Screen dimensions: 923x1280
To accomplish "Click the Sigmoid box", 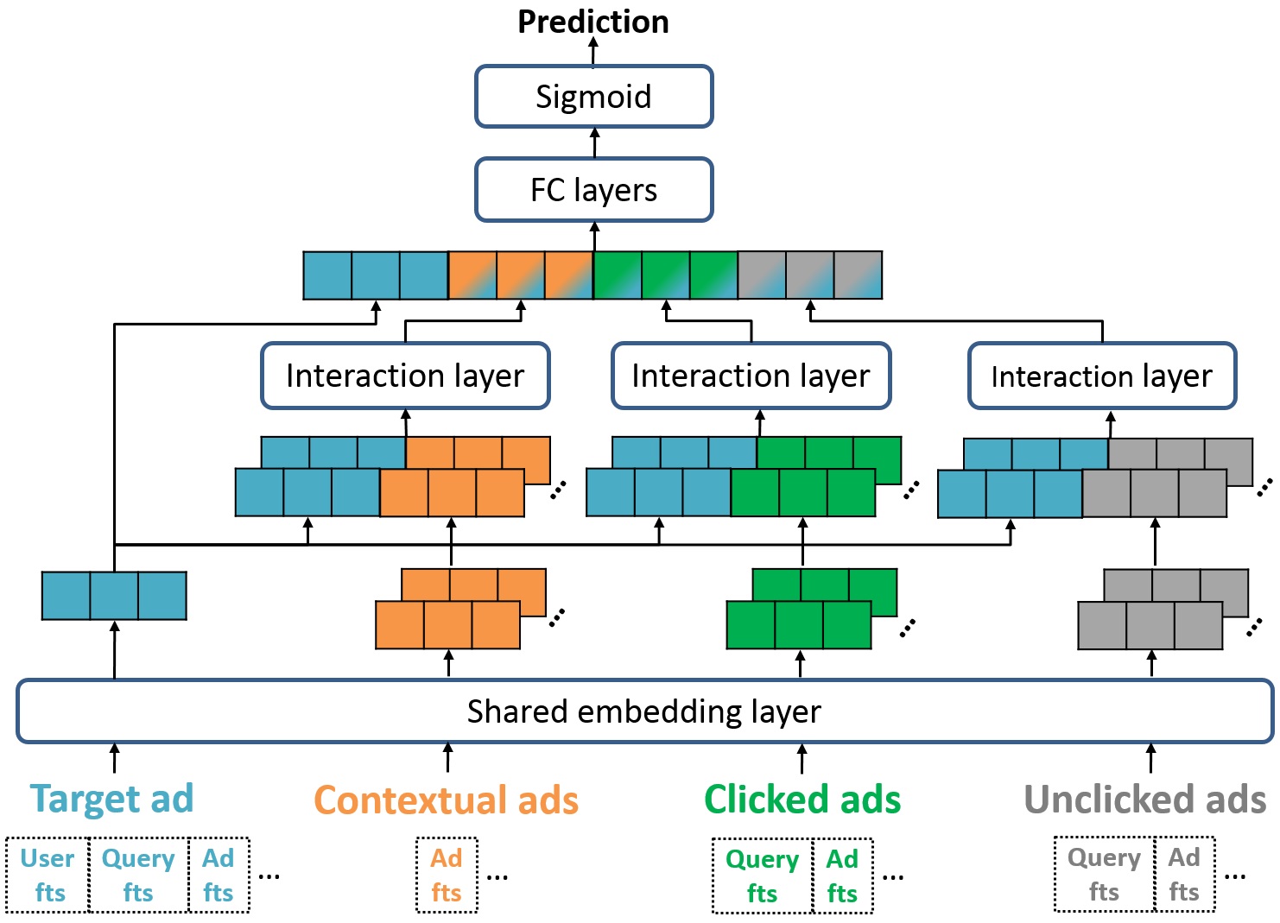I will pyautogui.click(x=593, y=97).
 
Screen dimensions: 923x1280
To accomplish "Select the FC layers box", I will pyautogui.click(x=593, y=190).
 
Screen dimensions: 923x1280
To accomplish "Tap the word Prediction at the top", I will pyautogui.click(x=593, y=22).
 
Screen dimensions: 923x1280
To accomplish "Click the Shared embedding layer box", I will pyautogui.click(x=643, y=711).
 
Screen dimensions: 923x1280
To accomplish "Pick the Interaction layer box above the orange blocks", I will pyautogui.click(x=405, y=376).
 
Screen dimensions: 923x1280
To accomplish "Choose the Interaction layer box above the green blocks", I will pyautogui.click(x=751, y=376).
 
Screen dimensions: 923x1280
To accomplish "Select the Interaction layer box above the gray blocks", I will pyautogui.click(x=1101, y=376).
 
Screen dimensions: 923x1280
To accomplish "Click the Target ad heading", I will pyautogui.click(x=112, y=799).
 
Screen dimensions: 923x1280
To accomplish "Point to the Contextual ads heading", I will pyautogui.click(x=446, y=800).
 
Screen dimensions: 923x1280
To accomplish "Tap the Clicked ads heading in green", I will pyautogui.click(x=802, y=800).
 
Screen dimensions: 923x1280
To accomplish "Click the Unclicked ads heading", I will pyautogui.click(x=1144, y=800).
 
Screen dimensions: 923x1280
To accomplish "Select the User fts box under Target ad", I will pyautogui.click(x=48, y=875).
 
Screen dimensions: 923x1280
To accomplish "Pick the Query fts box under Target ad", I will pyautogui.click(x=138, y=875).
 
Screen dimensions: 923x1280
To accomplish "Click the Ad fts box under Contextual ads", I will pyautogui.click(x=447, y=875).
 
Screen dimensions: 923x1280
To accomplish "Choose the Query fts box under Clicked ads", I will pyautogui.click(x=762, y=876).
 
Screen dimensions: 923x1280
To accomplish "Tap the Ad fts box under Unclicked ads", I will pyautogui.click(x=1184, y=874).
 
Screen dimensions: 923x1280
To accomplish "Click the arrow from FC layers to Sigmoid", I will pyautogui.click(x=594, y=142).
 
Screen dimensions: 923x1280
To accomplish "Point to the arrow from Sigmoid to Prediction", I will pyautogui.click(x=593, y=52).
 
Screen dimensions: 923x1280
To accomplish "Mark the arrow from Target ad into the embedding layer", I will pyautogui.click(x=114, y=757).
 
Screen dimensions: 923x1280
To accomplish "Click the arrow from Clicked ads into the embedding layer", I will pyautogui.click(x=802, y=758).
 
